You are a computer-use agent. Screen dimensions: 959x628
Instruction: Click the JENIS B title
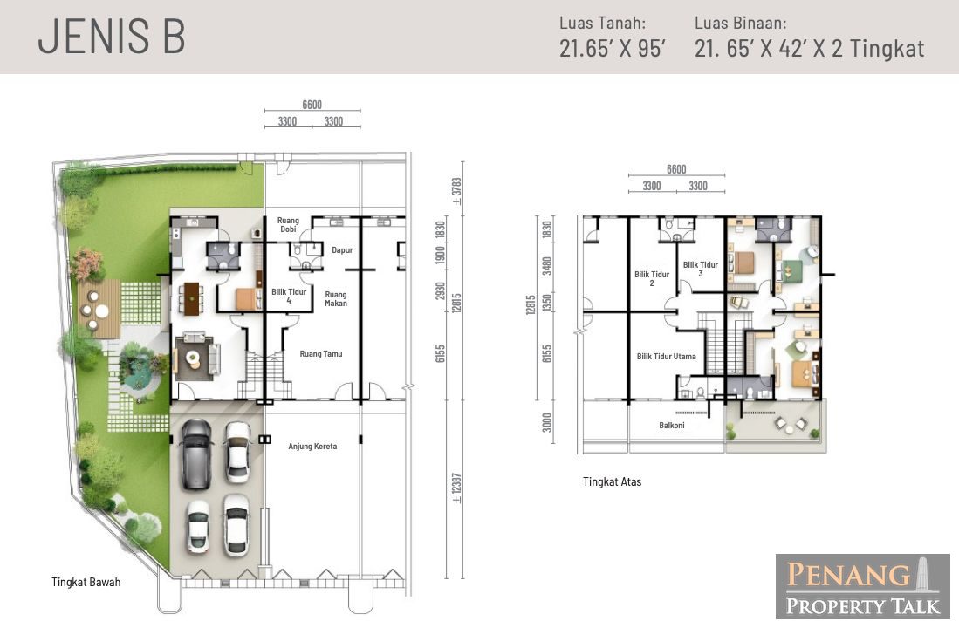click(x=112, y=37)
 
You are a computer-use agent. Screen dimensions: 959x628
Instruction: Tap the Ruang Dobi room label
click(x=288, y=224)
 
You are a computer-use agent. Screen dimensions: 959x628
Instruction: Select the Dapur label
click(x=342, y=250)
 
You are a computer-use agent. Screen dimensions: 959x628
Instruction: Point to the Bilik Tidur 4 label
click(x=289, y=296)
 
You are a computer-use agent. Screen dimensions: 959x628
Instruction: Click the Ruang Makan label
click(x=336, y=298)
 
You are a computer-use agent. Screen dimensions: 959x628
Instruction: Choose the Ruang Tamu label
click(x=321, y=353)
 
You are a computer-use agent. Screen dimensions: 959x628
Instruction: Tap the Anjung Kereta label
click(x=312, y=447)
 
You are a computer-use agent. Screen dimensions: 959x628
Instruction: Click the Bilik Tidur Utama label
click(x=666, y=357)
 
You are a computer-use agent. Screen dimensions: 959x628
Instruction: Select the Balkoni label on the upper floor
click(x=672, y=425)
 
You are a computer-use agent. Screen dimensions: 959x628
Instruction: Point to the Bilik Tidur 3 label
click(x=701, y=269)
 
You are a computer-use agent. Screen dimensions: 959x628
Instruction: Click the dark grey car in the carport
click(x=196, y=453)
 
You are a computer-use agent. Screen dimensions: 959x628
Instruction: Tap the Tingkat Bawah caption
click(x=86, y=582)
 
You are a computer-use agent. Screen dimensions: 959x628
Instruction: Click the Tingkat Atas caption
click(x=613, y=481)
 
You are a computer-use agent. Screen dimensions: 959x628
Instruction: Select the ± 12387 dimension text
click(x=456, y=488)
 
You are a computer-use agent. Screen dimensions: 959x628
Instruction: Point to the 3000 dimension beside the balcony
click(x=547, y=422)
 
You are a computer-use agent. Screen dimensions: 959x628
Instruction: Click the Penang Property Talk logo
click(x=862, y=587)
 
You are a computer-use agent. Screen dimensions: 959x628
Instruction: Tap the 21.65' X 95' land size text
click(x=613, y=48)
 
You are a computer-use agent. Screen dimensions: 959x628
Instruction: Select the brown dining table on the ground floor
click(x=192, y=299)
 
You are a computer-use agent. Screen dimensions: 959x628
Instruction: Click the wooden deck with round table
click(x=99, y=310)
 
